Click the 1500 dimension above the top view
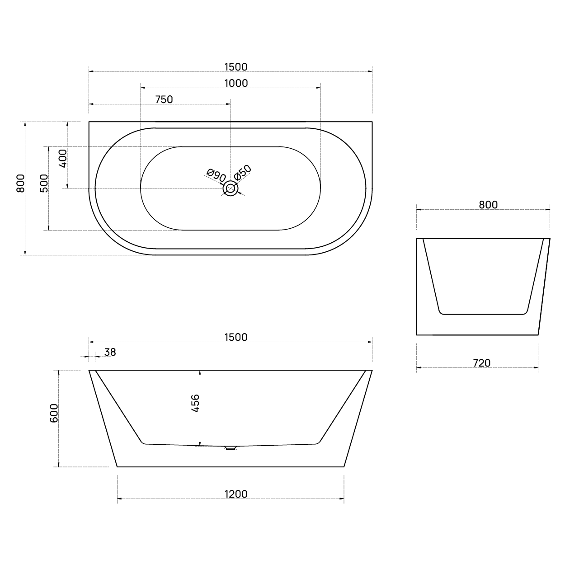pyautogui.click(x=236, y=67)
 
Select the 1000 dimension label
pyautogui.click(x=236, y=83)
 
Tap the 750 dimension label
pyautogui.click(x=164, y=99)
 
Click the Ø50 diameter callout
pyautogui.click(x=242, y=172)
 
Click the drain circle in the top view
pyautogui.click(x=231, y=188)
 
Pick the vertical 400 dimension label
pyautogui.click(x=63, y=159)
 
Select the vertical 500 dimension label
pyautogui.click(x=44, y=183)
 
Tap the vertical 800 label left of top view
pyautogui.click(x=20, y=183)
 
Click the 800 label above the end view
pyautogui.click(x=488, y=204)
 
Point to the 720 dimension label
pyautogui.click(x=481, y=363)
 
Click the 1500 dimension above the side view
pyautogui.click(x=236, y=337)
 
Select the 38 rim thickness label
pyautogui.click(x=110, y=352)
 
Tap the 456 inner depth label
pyautogui.click(x=195, y=403)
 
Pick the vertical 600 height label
pyautogui.click(x=54, y=413)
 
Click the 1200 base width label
pyautogui.click(x=236, y=494)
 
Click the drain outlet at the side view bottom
pyautogui.click(x=231, y=448)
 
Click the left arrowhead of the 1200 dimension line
pyautogui.click(x=119, y=499)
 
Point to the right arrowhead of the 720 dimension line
pyautogui.click(x=536, y=367)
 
